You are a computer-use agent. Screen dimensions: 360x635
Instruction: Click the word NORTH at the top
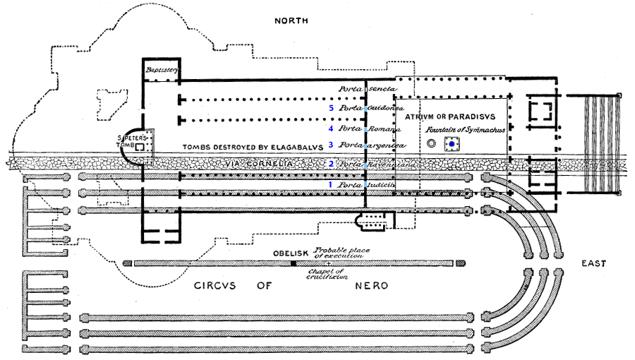coord(291,21)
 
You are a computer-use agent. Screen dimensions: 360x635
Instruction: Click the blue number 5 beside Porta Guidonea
coord(330,109)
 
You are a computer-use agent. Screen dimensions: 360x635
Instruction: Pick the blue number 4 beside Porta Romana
coord(330,129)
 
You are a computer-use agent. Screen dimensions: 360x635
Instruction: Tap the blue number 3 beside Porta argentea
coord(330,145)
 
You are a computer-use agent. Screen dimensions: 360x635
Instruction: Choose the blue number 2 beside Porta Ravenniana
coord(330,164)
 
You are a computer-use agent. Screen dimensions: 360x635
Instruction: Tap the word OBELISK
coord(291,253)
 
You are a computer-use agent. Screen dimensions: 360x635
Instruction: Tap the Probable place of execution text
coord(346,253)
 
